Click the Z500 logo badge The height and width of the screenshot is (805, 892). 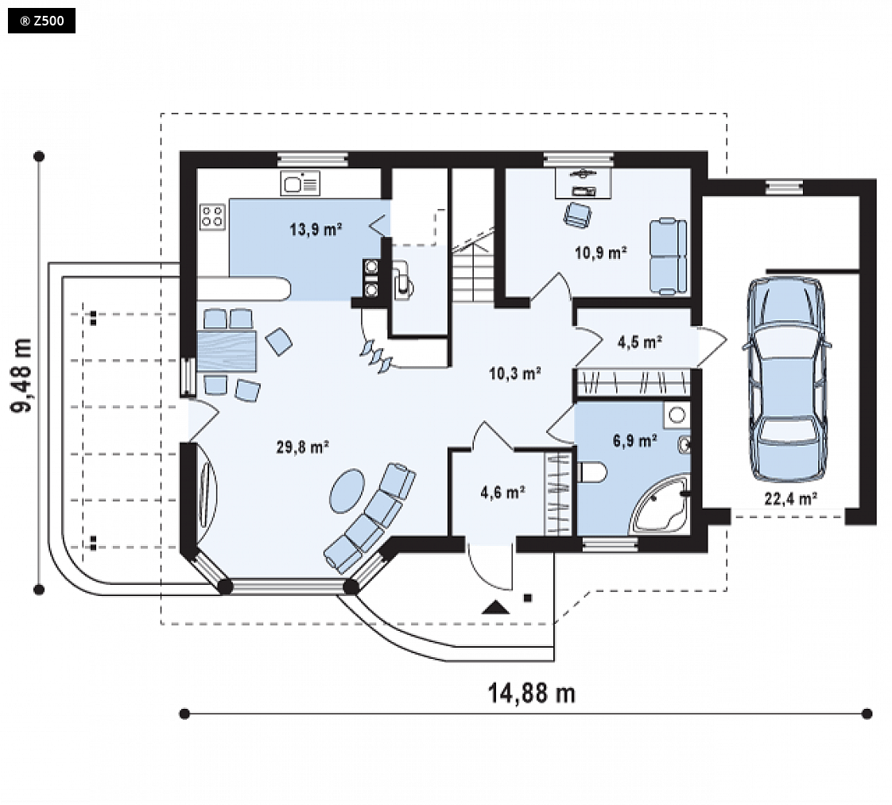tap(41, 21)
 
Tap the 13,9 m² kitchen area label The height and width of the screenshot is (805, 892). tap(316, 230)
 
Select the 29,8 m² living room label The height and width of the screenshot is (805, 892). tap(303, 447)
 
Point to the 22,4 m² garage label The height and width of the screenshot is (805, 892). tap(791, 498)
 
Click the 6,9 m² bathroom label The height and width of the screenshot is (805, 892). tap(635, 440)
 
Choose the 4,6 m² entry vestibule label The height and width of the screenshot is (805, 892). tap(503, 493)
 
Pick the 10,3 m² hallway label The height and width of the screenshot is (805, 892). tap(515, 373)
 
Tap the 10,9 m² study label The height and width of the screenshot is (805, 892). tap(601, 253)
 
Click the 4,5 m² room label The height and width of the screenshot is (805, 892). tap(640, 343)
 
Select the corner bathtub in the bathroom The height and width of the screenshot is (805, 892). tap(661, 505)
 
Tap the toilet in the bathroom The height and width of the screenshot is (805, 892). tap(592, 472)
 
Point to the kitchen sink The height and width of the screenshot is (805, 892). tap(301, 184)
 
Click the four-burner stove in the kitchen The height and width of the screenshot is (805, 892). tap(212, 217)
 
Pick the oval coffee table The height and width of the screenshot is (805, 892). tap(347, 491)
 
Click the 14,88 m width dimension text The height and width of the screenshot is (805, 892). tap(532, 693)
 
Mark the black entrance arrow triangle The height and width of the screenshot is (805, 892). tap(495, 607)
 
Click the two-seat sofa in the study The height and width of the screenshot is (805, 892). tap(669, 257)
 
